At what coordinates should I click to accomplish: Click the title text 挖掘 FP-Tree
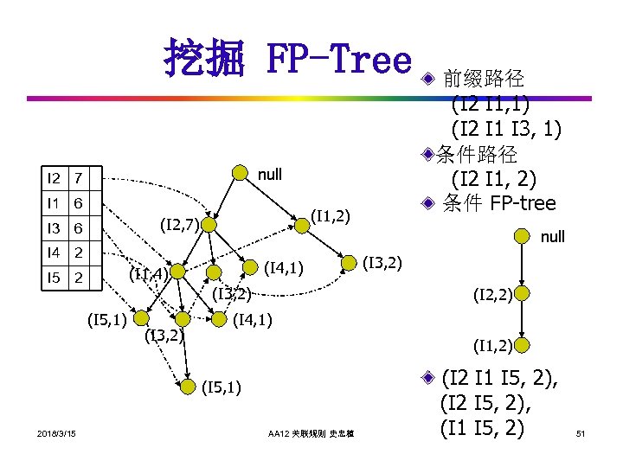point(286,59)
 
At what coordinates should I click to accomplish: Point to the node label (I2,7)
point(180,227)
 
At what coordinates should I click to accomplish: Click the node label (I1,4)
point(146,275)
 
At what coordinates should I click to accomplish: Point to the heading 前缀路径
point(483,80)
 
